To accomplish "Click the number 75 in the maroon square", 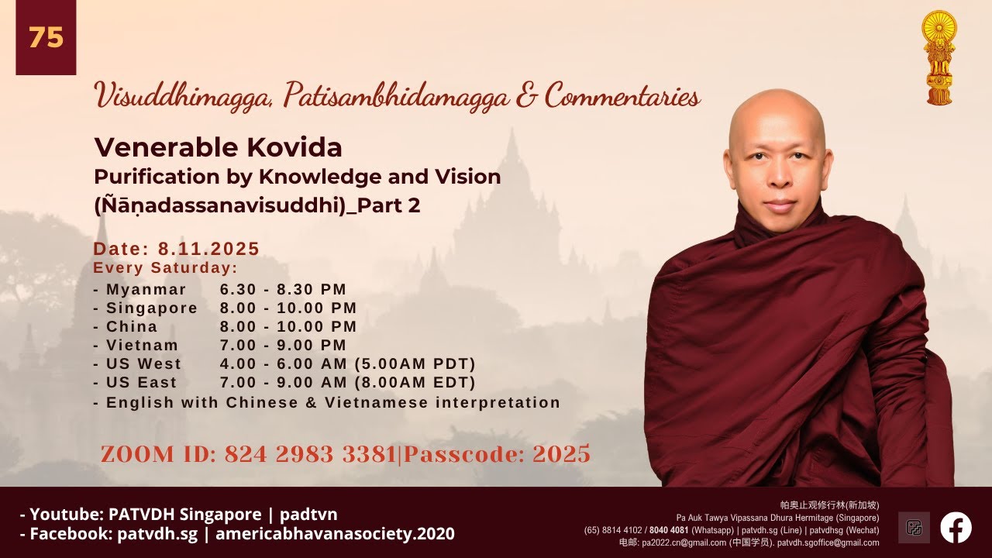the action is click(x=46, y=37).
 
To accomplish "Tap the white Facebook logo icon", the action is click(x=956, y=527).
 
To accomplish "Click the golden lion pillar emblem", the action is click(x=939, y=57).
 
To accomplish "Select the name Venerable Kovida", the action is click(x=218, y=147).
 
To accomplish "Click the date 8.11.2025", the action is click(x=208, y=249).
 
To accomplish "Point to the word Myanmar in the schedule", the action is click(x=146, y=290).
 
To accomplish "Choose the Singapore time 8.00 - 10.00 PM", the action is click(x=288, y=308).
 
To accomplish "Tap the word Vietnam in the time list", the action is click(x=142, y=345).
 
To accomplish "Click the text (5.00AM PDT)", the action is click(x=415, y=363).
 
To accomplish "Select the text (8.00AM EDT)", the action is click(x=415, y=382).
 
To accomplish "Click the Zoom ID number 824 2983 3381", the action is click(x=311, y=454).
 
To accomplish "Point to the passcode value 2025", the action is click(x=562, y=454).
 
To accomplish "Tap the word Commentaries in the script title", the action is click(x=622, y=95).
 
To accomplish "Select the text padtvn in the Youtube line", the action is click(x=308, y=515).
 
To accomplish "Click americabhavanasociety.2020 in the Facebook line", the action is click(x=335, y=534).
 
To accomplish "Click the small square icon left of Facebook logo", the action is click(x=914, y=528).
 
